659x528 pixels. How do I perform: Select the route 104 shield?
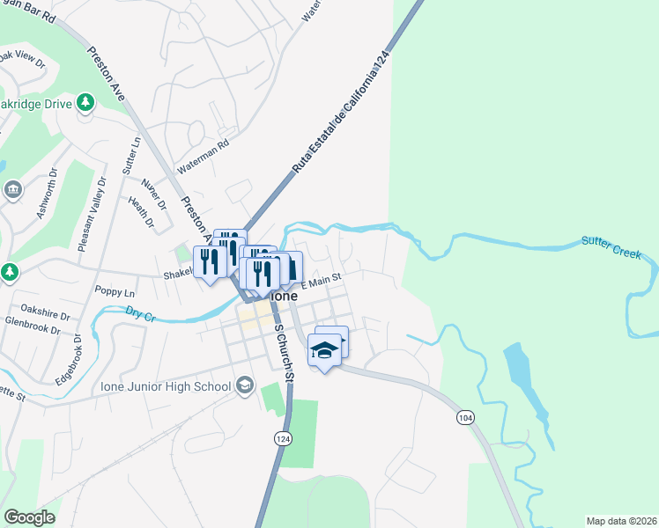point(464,416)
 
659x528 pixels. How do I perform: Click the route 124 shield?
point(282,438)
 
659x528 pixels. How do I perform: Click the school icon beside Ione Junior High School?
point(244,385)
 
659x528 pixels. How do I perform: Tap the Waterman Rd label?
point(203,155)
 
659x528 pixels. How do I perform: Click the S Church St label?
point(284,353)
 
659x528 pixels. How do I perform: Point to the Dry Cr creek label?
point(140,312)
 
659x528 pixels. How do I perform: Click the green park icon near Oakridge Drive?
point(85,103)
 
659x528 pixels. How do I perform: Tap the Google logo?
point(29,517)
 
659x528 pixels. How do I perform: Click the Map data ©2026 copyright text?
point(621,521)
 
